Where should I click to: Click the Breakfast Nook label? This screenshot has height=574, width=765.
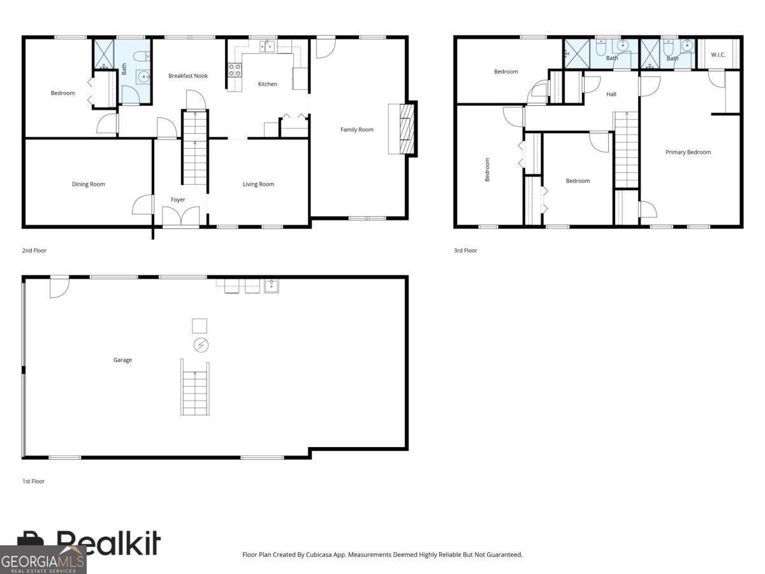(x=188, y=76)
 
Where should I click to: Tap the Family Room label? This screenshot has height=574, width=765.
(x=356, y=129)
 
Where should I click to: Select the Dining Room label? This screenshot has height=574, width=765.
(x=88, y=184)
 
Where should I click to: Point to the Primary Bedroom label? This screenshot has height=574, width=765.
(x=688, y=152)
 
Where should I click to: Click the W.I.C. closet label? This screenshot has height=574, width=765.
(x=718, y=55)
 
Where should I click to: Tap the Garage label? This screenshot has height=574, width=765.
(x=122, y=360)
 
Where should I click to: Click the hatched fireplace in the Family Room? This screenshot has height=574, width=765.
(x=406, y=129)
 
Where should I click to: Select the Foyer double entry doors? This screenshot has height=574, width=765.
(x=181, y=216)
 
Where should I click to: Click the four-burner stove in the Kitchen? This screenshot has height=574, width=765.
(x=235, y=70)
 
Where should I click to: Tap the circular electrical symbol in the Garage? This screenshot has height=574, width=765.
(x=201, y=346)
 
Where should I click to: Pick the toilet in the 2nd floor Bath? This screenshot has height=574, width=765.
(x=142, y=55)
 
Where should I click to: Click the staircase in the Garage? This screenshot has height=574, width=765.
(x=195, y=387)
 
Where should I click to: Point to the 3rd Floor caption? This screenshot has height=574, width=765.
(x=465, y=250)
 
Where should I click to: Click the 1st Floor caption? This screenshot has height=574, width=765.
(x=33, y=482)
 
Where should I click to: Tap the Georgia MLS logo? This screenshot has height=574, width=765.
(x=43, y=560)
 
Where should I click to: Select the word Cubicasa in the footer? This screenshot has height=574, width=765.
(x=319, y=554)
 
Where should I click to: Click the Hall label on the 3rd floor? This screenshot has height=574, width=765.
(x=611, y=94)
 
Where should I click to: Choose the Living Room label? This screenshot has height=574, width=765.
(x=258, y=184)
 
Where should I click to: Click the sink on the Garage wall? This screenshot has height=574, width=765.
(x=271, y=286)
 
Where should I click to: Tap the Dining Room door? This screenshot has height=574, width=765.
(x=143, y=205)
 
